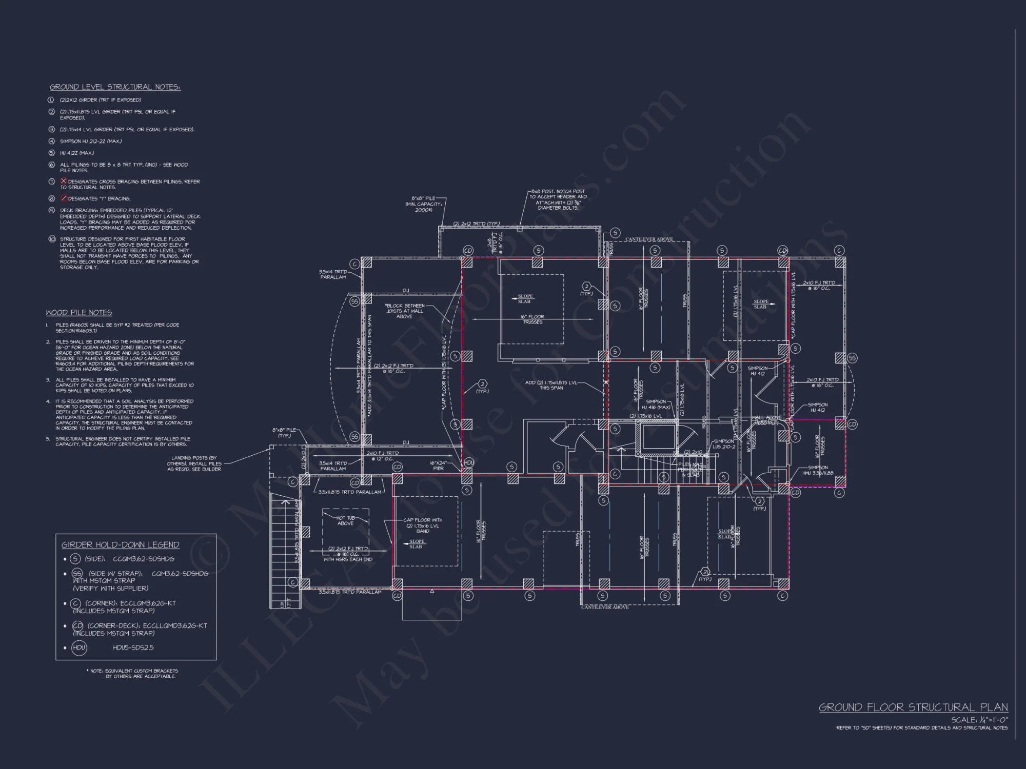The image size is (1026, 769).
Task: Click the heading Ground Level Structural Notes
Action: point(115,87)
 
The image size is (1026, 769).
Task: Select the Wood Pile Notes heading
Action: point(78,313)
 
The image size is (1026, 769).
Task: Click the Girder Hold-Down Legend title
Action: point(120,545)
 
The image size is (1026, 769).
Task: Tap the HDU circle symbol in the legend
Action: point(79,647)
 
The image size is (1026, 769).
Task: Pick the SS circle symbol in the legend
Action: point(77,574)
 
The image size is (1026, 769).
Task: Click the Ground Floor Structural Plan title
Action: point(913,707)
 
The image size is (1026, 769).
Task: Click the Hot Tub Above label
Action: point(345,520)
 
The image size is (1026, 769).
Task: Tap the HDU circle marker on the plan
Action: point(468,462)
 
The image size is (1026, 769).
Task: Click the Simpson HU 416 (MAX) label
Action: point(657,404)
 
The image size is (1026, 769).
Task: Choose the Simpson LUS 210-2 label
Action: point(724,443)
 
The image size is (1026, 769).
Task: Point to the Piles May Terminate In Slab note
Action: point(690,470)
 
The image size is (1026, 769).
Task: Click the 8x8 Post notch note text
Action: point(558,199)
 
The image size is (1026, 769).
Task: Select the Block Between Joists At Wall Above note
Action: point(405,311)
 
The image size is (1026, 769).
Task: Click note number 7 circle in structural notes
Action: point(51,181)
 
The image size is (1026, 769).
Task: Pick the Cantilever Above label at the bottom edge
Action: point(605,607)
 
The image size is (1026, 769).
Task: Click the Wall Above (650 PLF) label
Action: point(766,420)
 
